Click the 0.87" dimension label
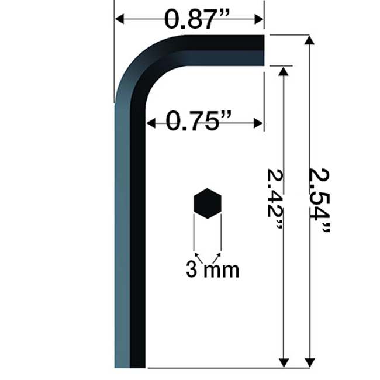196,19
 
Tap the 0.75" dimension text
199,121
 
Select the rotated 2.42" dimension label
275,199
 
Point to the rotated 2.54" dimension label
320,201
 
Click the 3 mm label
213,269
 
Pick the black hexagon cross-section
208,203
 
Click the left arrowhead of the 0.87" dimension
119,19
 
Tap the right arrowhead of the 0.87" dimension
259,19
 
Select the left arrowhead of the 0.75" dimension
151,123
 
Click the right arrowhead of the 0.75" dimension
258,123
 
